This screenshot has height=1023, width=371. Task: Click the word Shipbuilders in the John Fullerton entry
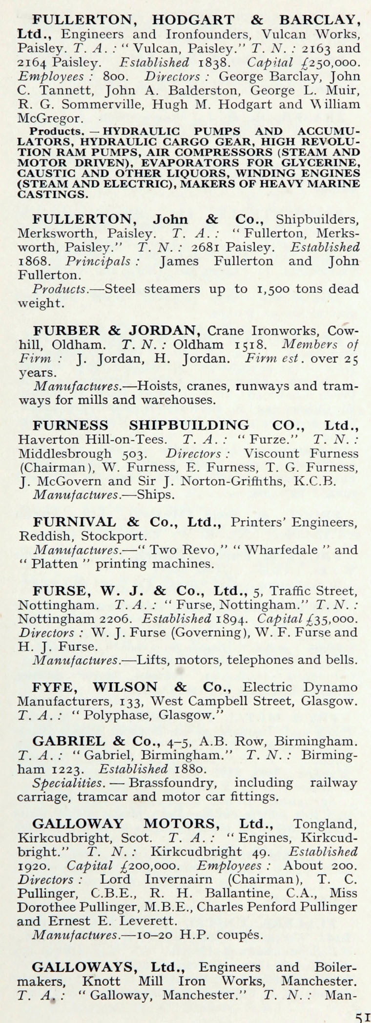tap(317, 219)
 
